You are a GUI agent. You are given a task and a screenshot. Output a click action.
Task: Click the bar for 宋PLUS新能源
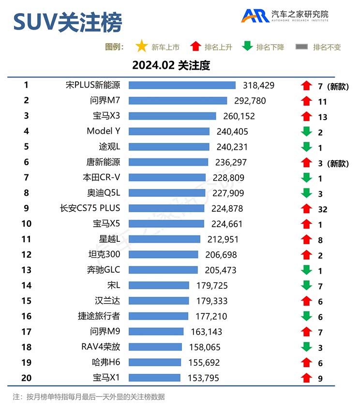click(182, 85)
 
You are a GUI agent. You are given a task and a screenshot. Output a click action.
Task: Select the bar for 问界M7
click(178, 101)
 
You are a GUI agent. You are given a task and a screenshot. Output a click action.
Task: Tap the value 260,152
click(238, 116)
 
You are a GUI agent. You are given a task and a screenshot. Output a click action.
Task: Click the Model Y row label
click(103, 131)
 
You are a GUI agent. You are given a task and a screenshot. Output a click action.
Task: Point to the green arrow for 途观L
click(306, 147)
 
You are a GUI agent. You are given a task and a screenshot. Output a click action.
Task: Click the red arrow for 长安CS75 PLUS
click(306, 209)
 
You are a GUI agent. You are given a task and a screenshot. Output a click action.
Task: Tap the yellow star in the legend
click(142, 47)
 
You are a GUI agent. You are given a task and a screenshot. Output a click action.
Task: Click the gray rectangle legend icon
click(301, 47)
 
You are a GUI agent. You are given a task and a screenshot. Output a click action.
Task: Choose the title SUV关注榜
click(67, 22)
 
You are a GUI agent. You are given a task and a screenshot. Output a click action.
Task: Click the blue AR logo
click(255, 16)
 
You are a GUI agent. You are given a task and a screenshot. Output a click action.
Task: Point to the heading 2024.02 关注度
click(171, 65)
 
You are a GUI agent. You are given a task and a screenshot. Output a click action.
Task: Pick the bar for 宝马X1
click(154, 378)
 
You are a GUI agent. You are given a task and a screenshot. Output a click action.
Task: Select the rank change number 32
click(323, 209)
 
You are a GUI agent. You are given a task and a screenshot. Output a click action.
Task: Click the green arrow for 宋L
click(306, 285)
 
